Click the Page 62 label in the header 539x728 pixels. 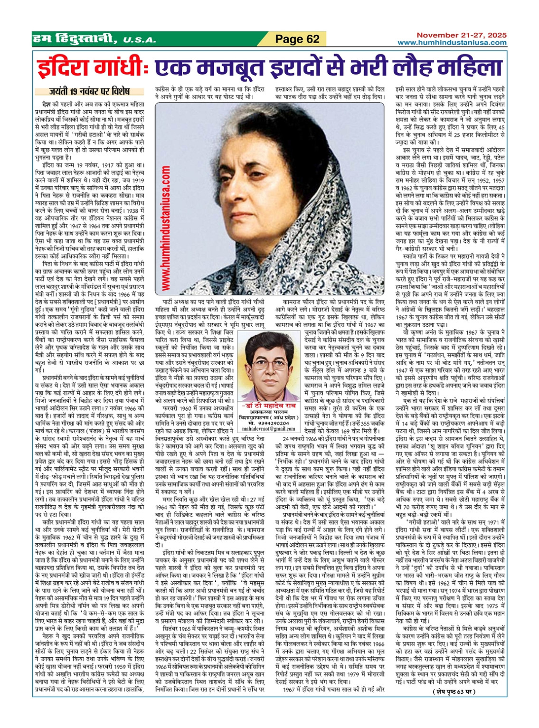tap(298, 39)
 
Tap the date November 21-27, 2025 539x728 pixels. tap(461, 35)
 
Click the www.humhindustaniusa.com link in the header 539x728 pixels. tap(452, 43)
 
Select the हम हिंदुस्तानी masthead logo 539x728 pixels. tap(74, 39)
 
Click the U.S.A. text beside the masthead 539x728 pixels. tap(139, 41)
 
